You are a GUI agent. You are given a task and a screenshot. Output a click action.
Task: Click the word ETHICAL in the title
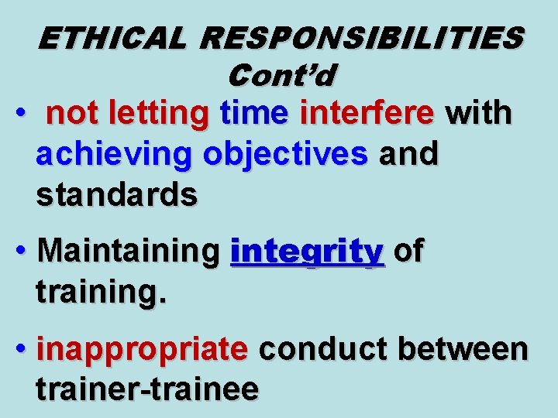coord(112,38)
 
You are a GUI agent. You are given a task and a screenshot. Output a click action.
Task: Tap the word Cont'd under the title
coord(282,75)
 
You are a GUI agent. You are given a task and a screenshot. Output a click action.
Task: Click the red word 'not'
coord(73,114)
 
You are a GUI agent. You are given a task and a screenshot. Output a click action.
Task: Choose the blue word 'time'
coord(254,114)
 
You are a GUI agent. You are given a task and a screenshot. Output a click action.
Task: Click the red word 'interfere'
coord(367,114)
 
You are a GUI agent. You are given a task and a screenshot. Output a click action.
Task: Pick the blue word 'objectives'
coord(285,155)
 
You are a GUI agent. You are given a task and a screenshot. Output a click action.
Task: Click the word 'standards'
coord(116,195)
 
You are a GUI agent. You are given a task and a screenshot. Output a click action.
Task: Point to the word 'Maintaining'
coord(128,252)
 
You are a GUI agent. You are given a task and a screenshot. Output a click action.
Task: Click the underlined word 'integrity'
coord(308,252)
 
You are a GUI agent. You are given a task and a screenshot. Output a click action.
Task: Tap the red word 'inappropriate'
coord(142,350)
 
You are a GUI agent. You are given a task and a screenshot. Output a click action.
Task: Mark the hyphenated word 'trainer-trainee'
coord(147,389)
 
